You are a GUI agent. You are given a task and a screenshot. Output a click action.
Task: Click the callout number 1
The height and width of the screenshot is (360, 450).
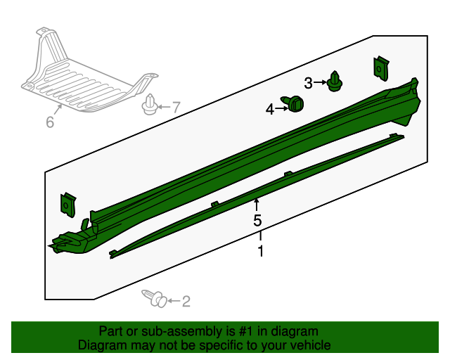261,251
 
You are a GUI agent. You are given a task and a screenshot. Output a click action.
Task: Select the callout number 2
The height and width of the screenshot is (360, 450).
186,301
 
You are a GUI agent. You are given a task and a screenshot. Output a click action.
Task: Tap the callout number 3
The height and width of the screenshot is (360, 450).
308,83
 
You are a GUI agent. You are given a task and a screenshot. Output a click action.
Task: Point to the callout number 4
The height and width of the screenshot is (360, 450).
270,110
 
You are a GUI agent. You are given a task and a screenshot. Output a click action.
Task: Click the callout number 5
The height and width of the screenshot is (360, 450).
257,220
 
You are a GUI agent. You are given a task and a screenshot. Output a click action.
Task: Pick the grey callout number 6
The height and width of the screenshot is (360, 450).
50,122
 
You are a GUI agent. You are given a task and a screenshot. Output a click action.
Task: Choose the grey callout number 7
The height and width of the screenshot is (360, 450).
176,108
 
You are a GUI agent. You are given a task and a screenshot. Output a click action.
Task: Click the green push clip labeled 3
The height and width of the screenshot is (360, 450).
335,82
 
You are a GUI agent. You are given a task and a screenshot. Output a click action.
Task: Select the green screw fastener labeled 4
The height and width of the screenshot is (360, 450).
293,104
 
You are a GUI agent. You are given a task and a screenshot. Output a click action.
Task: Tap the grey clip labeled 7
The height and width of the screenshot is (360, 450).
149,105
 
